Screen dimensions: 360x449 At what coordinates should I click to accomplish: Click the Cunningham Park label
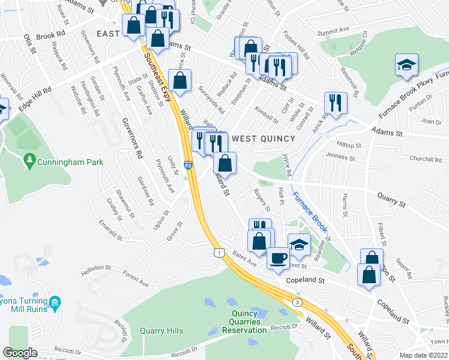[x=70, y=162]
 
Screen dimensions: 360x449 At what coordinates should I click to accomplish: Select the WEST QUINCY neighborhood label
[x=264, y=139]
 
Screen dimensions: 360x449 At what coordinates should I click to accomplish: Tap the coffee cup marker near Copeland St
[x=277, y=258]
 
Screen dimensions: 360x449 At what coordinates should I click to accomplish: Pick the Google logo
[x=20, y=353]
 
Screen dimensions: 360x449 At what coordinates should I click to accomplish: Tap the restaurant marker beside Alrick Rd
[x=335, y=102]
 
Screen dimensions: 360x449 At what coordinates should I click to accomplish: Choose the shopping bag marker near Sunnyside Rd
[x=179, y=80]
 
